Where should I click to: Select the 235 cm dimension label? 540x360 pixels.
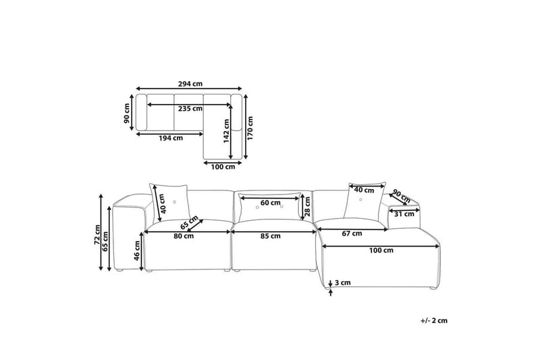189,109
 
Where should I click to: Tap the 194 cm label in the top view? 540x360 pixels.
170,138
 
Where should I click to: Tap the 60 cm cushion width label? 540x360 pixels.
270,203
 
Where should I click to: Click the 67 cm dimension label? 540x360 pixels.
352,234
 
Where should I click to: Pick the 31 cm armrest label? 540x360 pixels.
404,214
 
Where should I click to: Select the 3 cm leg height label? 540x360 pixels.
344,284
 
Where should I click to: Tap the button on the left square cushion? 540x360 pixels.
175,201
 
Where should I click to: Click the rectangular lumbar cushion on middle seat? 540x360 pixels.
269,208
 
